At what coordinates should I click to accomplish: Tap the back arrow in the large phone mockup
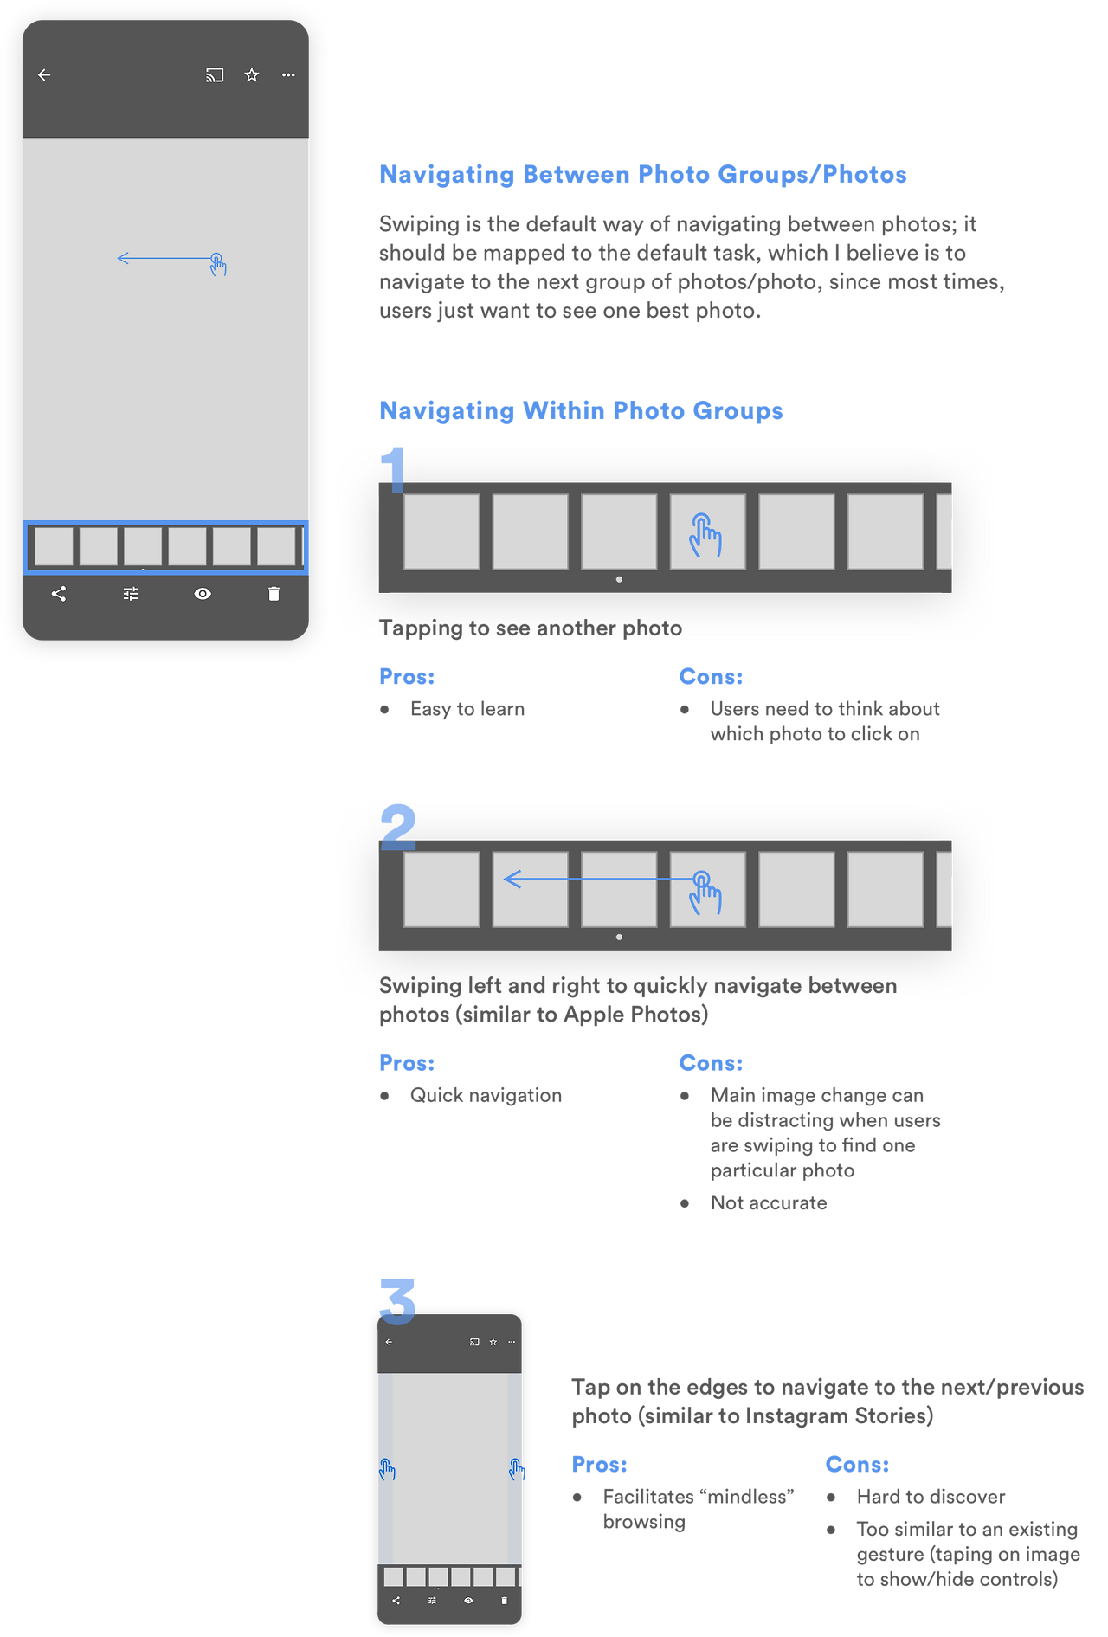[x=44, y=75]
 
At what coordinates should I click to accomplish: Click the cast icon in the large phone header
[x=215, y=75]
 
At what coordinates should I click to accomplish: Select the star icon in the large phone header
[x=252, y=75]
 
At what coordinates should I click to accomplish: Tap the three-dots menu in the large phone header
[x=288, y=75]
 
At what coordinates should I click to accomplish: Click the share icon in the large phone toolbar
[x=59, y=594]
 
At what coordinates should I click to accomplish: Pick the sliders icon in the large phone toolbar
[x=131, y=594]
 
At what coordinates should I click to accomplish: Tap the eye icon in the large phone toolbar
[x=203, y=594]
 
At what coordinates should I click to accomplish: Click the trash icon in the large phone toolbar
[x=274, y=594]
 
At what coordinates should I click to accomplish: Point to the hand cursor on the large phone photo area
[x=218, y=264]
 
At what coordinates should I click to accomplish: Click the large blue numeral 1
[x=394, y=469]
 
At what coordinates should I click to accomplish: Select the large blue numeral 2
[x=398, y=827]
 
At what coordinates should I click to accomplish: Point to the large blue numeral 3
[x=398, y=1301]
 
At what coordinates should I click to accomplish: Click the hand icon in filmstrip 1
[x=705, y=535]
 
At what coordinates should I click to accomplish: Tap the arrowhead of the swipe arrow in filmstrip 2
[x=512, y=880]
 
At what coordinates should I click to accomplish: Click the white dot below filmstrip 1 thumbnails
[x=619, y=579]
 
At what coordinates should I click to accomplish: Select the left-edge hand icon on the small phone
[x=387, y=1469]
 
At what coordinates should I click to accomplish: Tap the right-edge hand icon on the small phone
[x=517, y=1469]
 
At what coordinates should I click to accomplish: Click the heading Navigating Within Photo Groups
[x=581, y=410]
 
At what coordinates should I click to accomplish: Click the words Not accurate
[x=769, y=1202]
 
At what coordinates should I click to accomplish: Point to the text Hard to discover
[x=931, y=1497]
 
